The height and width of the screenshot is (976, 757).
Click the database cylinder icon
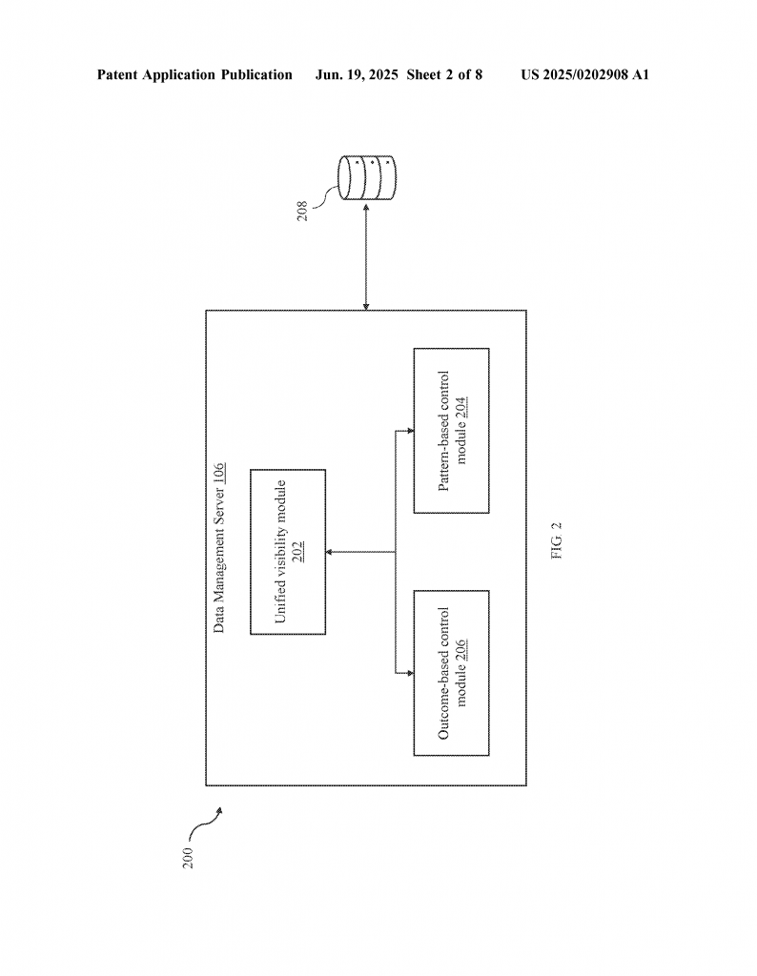[x=367, y=177]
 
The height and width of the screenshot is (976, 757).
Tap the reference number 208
[x=302, y=211]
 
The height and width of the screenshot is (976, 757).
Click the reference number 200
[x=188, y=858]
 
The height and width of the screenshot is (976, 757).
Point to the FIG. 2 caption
[x=557, y=540]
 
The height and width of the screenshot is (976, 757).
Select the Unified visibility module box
[x=288, y=552]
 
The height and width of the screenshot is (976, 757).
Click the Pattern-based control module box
[x=451, y=430]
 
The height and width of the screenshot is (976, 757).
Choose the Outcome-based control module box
[x=451, y=673]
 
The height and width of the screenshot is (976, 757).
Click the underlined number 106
[x=218, y=475]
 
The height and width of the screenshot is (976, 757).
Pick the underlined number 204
[x=461, y=407]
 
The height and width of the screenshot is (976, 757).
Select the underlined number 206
[x=461, y=650]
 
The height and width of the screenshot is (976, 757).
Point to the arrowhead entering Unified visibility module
[x=330, y=552]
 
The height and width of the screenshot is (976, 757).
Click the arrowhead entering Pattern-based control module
[x=410, y=430]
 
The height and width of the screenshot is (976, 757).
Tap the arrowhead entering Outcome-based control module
[x=410, y=673]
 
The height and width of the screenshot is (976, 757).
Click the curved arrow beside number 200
[x=203, y=823]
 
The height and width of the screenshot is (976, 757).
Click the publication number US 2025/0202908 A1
[x=584, y=74]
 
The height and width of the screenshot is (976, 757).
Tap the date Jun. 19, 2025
[x=356, y=74]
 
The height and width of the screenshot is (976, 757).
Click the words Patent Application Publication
[x=194, y=74]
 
